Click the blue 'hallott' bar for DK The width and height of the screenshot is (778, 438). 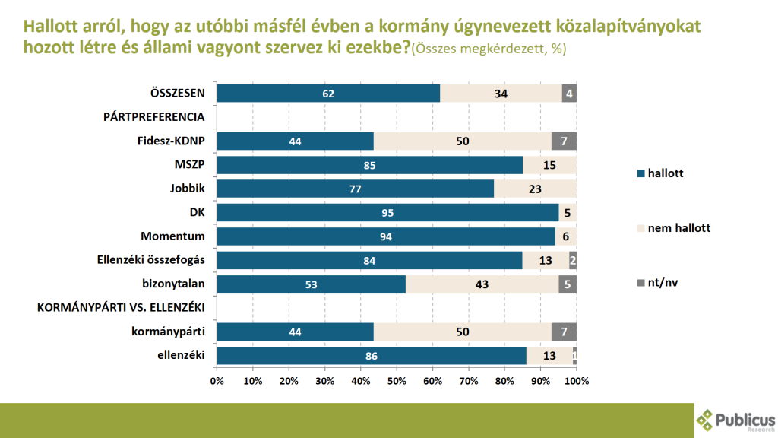[387, 213]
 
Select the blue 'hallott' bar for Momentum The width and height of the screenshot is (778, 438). [386, 236]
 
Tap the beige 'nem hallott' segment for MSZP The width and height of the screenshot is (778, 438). [549, 165]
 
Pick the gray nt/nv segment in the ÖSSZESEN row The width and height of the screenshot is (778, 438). [569, 94]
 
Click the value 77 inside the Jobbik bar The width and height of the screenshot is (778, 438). [355, 189]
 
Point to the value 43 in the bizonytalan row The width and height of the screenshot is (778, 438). [482, 284]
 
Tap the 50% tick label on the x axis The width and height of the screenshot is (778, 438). [397, 380]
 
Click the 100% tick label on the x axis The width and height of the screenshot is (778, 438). [575, 380]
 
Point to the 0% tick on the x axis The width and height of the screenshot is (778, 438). [217, 380]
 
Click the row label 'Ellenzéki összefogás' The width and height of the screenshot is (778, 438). [153, 260]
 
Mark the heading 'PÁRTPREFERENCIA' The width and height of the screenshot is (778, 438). [154, 117]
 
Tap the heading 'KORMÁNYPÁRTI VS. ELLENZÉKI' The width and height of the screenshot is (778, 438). [122, 308]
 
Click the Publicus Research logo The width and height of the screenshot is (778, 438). [735, 421]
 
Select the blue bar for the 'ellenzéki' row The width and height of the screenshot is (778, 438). [372, 355]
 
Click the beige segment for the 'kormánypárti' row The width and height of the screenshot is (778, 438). [463, 332]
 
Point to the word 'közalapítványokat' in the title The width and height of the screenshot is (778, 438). [637, 25]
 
